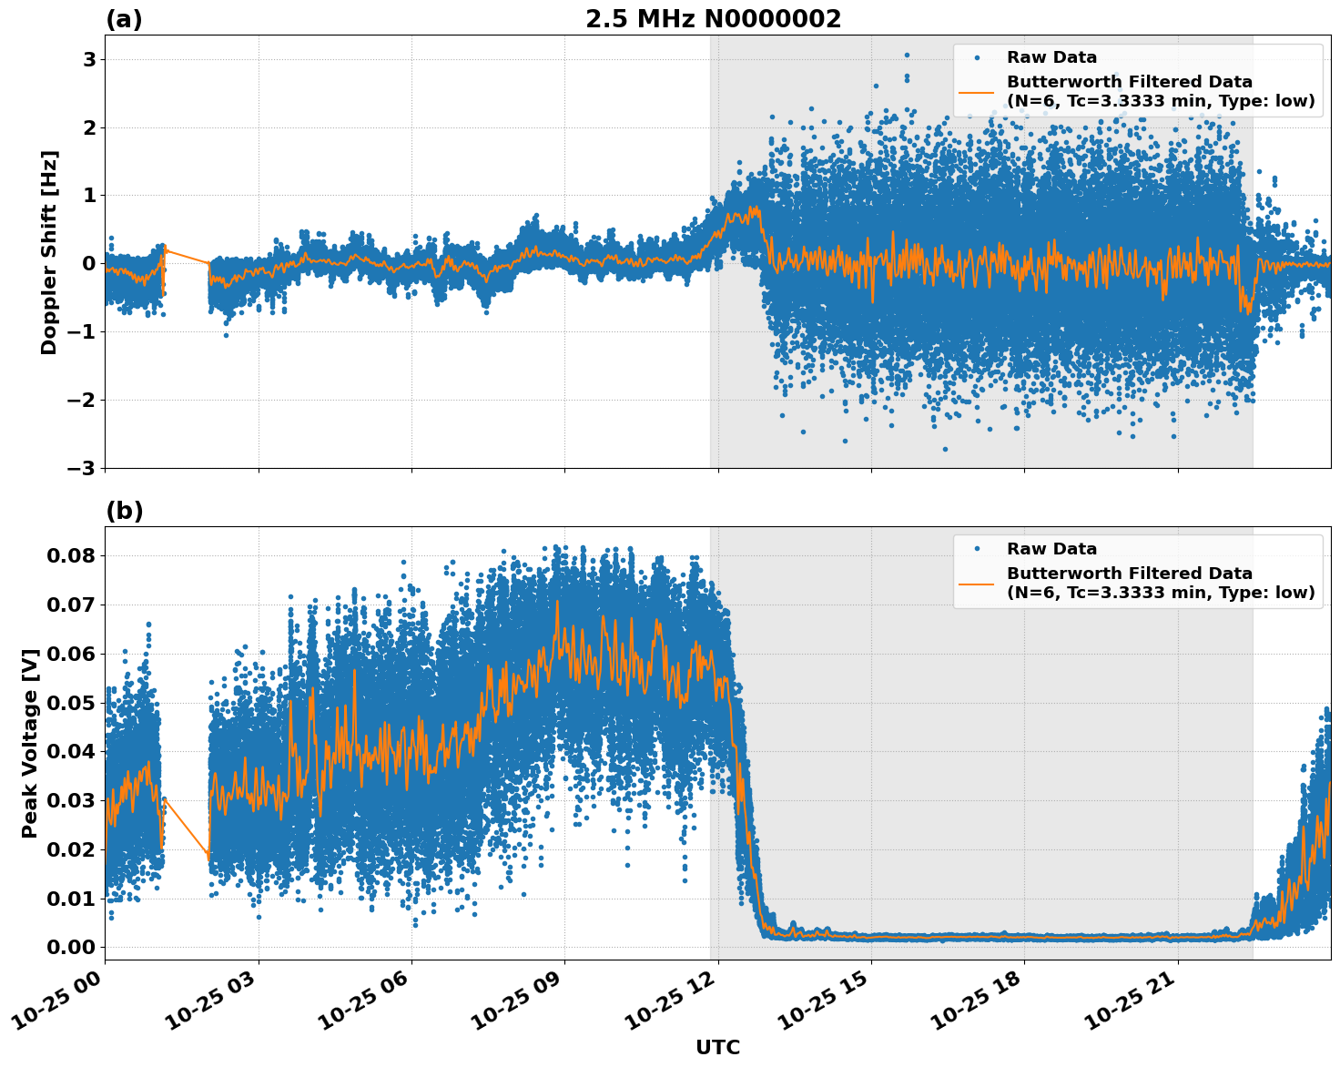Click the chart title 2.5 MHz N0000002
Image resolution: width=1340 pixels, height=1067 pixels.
coord(713,19)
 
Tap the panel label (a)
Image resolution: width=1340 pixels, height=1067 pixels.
coord(124,19)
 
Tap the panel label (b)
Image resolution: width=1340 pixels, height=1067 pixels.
coord(124,511)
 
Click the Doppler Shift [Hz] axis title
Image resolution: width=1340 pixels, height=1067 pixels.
coord(49,252)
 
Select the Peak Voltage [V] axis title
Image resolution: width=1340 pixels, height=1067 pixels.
coord(31,743)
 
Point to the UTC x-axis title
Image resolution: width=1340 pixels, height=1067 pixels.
coord(717,1047)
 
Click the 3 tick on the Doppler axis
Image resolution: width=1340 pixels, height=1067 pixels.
coord(89,59)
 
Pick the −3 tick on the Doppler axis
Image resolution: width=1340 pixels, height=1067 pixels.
coord(82,468)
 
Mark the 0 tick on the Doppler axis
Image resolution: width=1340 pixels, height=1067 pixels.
coord(89,264)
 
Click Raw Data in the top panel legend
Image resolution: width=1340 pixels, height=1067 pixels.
coord(1051,57)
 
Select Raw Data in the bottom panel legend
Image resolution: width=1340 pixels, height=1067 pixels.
coord(1051,549)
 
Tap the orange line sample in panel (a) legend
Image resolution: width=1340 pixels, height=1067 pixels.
coord(976,92)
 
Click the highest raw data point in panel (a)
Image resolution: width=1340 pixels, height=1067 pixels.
coord(907,55)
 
